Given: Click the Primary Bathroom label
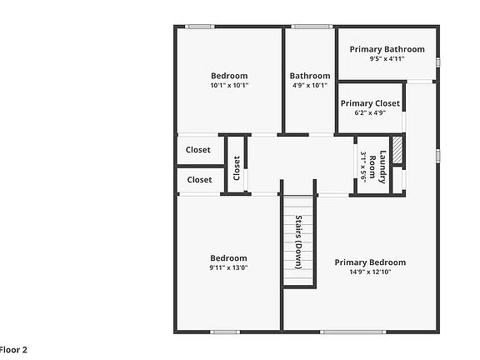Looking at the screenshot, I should click(x=387, y=49).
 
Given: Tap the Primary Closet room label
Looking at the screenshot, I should click(x=369, y=103).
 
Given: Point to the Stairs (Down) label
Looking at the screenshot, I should click(x=298, y=242).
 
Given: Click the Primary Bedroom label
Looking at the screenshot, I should click(x=370, y=262).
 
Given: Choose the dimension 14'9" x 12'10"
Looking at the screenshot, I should click(x=370, y=272).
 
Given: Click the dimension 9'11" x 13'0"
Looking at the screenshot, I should click(x=228, y=267).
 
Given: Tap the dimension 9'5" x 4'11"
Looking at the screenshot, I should click(x=387, y=59).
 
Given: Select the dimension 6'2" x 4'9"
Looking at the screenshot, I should click(x=369, y=113).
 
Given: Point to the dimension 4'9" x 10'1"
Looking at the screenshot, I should click(x=310, y=85).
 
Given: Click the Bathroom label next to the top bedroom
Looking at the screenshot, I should click(x=310, y=76).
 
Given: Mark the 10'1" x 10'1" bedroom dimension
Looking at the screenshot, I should click(x=229, y=85).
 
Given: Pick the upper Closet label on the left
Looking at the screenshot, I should click(x=198, y=150).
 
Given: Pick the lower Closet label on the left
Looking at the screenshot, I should click(x=199, y=179).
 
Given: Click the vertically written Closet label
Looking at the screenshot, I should click(x=237, y=168).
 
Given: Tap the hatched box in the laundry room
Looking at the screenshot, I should click(x=397, y=150).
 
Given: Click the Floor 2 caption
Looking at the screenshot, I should click(x=13, y=350).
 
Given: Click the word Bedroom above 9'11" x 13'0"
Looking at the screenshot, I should click(x=228, y=258).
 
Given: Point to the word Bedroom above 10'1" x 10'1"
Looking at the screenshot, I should click(x=229, y=76).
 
